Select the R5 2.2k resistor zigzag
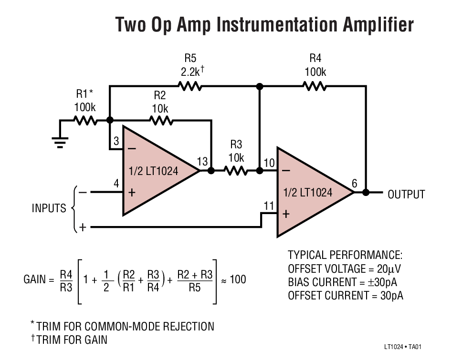(189, 87)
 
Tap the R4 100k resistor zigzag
(315, 87)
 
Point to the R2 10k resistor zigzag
(161, 121)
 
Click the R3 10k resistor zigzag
(236, 170)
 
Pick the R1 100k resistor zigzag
(85, 121)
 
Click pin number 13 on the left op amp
(203, 162)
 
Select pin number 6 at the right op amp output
(354, 184)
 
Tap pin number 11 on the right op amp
(269, 206)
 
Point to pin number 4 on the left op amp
(116, 184)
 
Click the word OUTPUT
(406, 195)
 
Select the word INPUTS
(49, 208)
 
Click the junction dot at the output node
(366, 193)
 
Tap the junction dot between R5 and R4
(260, 87)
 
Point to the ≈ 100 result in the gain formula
(233, 279)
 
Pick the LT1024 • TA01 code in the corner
(403, 347)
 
